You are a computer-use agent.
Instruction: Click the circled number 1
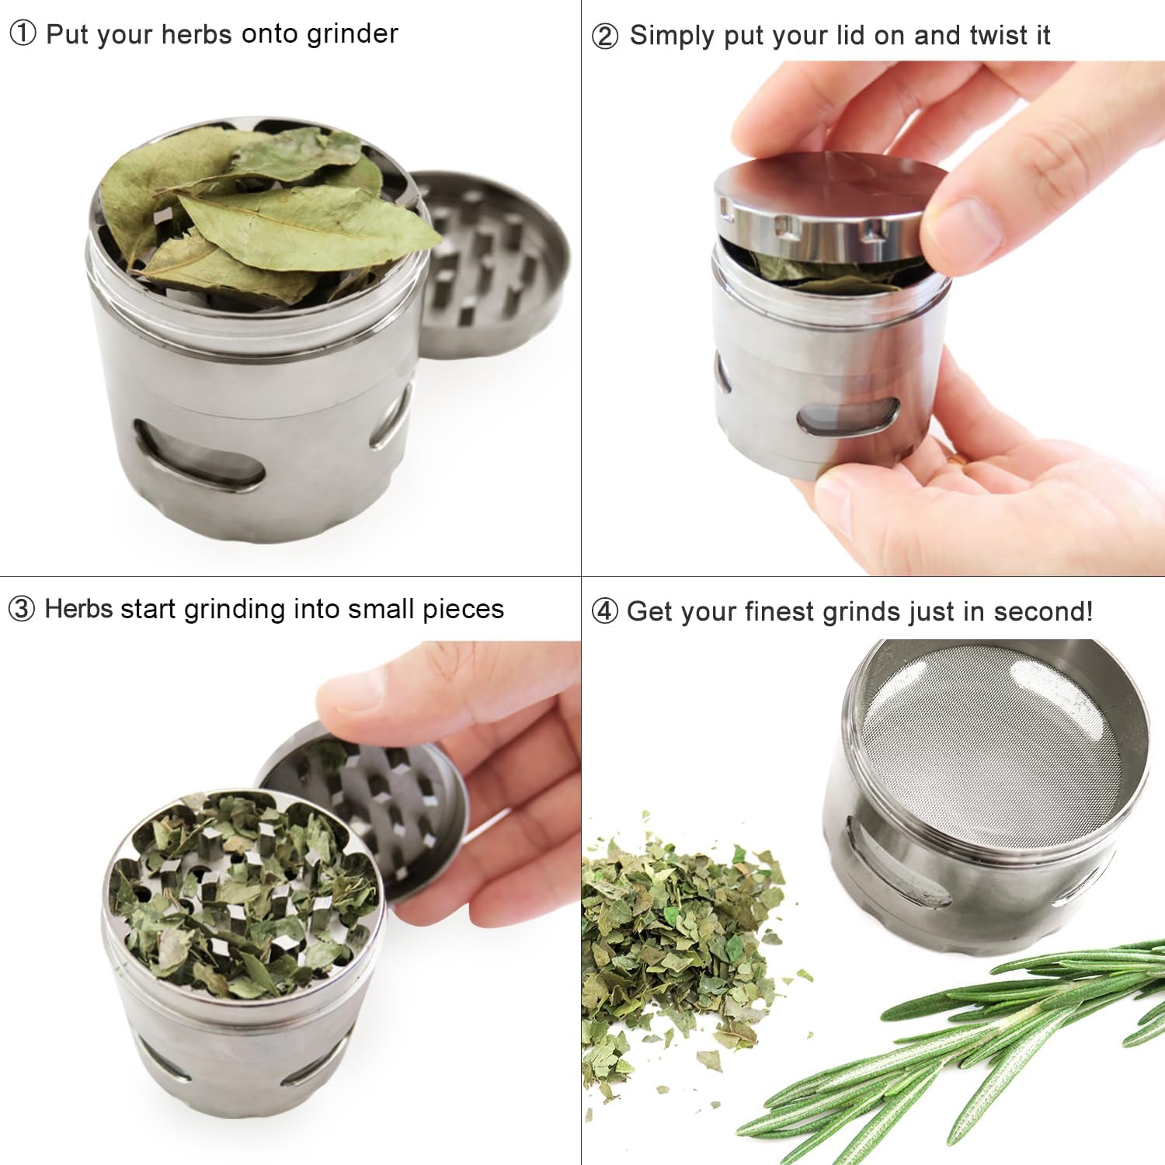[23, 33]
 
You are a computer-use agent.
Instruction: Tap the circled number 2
[605, 36]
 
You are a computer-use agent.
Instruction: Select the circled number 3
[22, 609]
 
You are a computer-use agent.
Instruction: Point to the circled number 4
[605, 611]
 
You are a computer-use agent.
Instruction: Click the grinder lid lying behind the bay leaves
[497, 264]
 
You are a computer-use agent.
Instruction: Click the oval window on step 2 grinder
[848, 419]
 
